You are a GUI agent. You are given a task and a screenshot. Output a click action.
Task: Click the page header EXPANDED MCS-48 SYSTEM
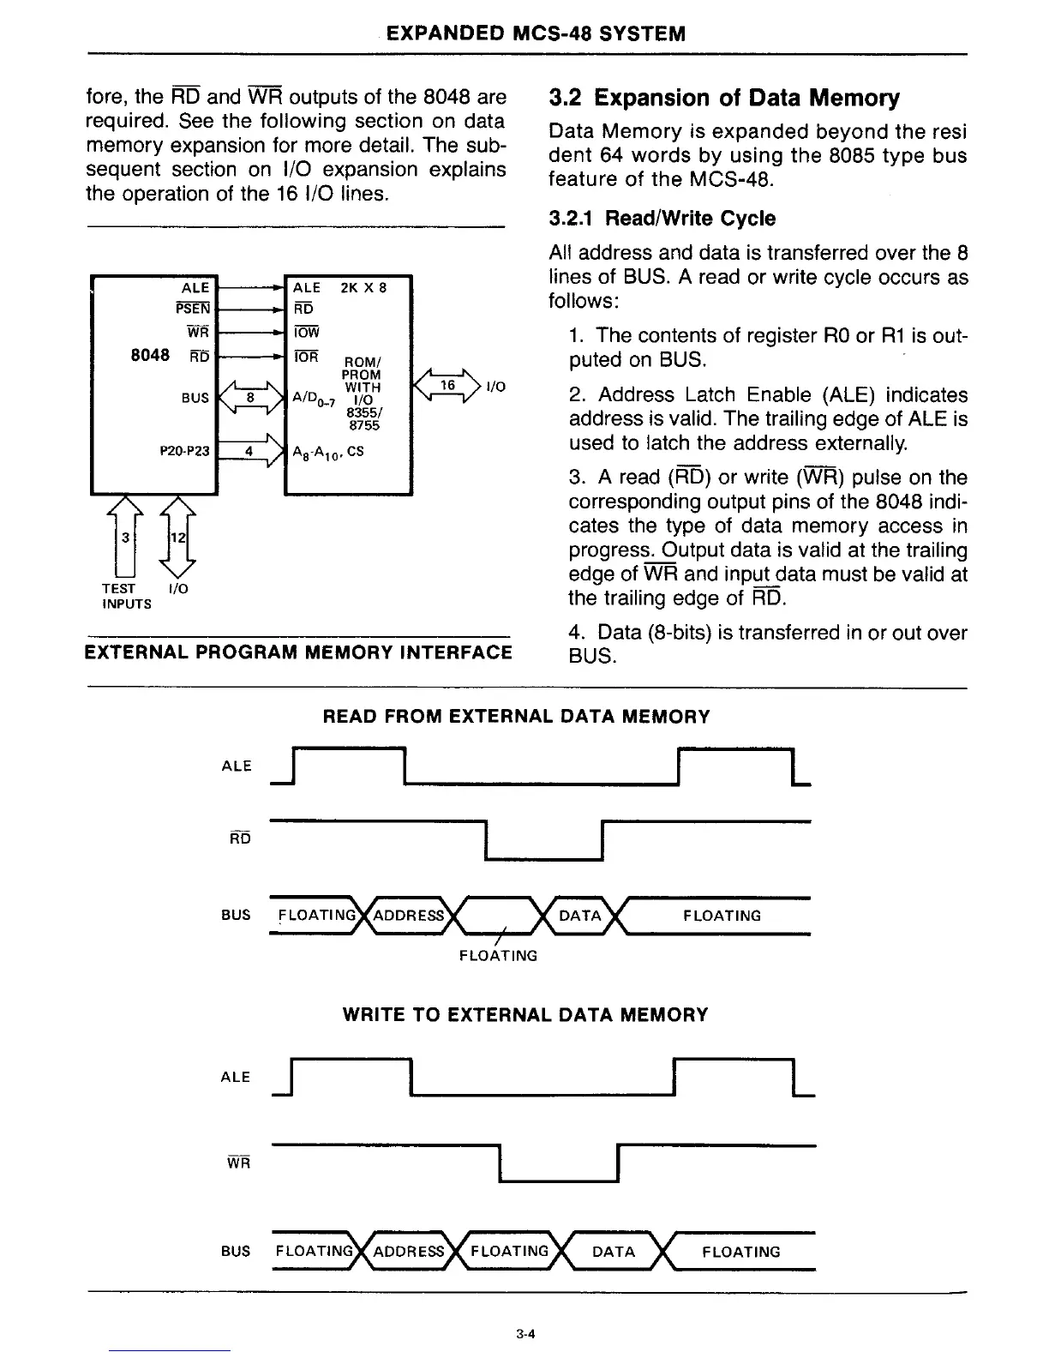536,34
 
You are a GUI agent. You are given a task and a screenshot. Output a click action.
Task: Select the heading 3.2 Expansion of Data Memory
724,98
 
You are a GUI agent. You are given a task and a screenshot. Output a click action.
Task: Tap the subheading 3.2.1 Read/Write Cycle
662,219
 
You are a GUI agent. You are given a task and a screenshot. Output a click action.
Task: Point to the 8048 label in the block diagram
149,355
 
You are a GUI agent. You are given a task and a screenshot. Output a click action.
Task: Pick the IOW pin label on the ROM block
305,333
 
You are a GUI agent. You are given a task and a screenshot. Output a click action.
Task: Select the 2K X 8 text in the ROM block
363,288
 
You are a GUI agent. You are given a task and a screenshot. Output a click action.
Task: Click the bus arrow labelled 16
447,387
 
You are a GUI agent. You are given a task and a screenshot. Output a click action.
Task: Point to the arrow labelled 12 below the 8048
177,538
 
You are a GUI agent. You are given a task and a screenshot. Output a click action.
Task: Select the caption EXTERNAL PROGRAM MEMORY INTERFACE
298,653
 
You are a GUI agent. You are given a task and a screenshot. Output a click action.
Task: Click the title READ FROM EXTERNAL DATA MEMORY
516,717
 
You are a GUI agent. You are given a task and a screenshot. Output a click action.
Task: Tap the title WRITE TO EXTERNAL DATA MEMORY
525,1015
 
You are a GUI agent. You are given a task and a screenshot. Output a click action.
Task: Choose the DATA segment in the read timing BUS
580,916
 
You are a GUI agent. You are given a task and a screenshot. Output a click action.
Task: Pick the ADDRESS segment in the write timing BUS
409,1251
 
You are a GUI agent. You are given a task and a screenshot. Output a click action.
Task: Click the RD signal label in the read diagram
240,838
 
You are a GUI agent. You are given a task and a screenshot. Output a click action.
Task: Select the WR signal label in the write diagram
238,1163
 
